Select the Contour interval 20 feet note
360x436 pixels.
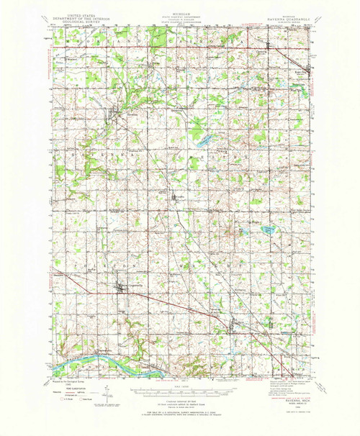[x=179, y=401]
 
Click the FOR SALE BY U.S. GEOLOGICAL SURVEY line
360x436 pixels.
[x=179, y=410]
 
